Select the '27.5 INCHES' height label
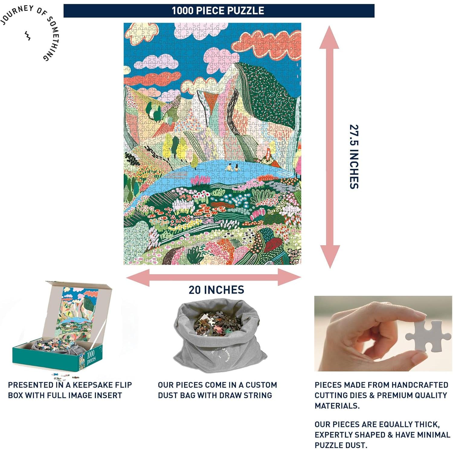[x=354, y=157]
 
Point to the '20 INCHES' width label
[x=216, y=290]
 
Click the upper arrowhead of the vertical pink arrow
[x=329, y=38]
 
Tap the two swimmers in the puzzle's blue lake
[x=233, y=167]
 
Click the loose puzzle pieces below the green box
[x=65, y=377]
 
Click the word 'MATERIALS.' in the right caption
[x=337, y=406]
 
